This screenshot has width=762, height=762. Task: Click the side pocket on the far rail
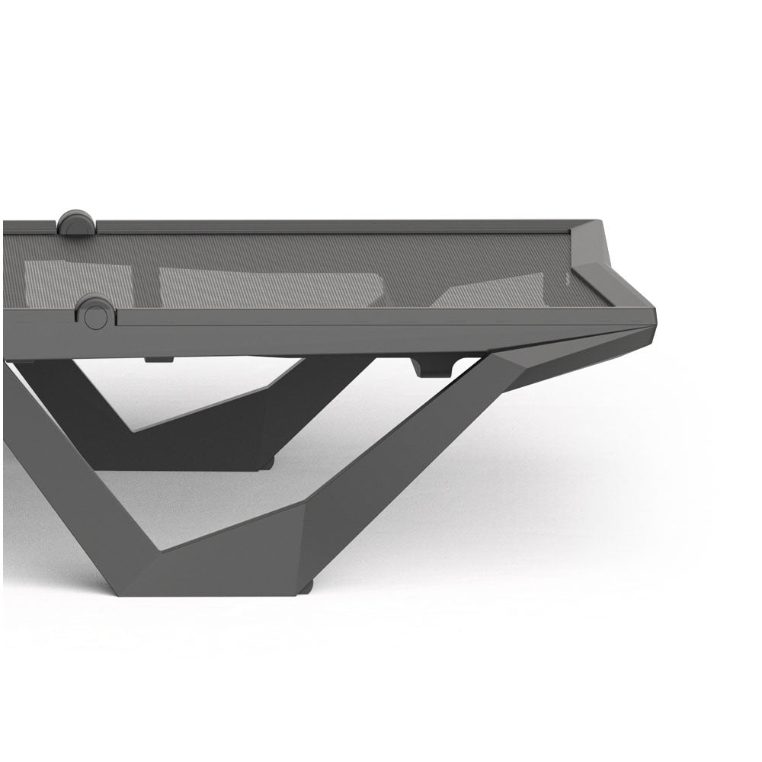point(76,223)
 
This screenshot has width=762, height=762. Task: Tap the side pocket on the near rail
point(95,313)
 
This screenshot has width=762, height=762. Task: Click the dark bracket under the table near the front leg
point(432,367)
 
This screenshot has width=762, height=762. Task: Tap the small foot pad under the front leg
point(305,588)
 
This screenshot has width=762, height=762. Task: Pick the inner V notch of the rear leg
point(133,431)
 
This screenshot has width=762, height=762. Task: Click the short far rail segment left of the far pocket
point(30,226)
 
